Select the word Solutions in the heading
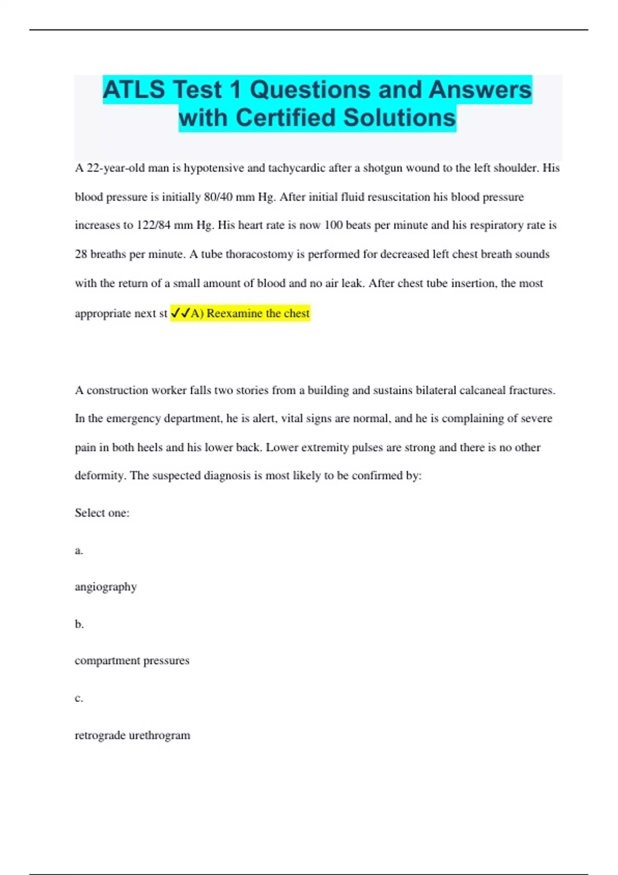tap(400, 118)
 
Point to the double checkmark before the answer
tap(180, 313)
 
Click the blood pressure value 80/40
tap(218, 197)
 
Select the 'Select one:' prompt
tap(102, 513)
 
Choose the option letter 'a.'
tap(79, 551)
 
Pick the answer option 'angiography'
tap(106, 587)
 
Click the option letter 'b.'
tap(79, 624)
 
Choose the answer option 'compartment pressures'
tap(132, 660)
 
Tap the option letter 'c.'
tap(79, 698)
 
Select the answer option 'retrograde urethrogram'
tap(132, 735)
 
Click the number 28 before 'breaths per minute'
tap(81, 254)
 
